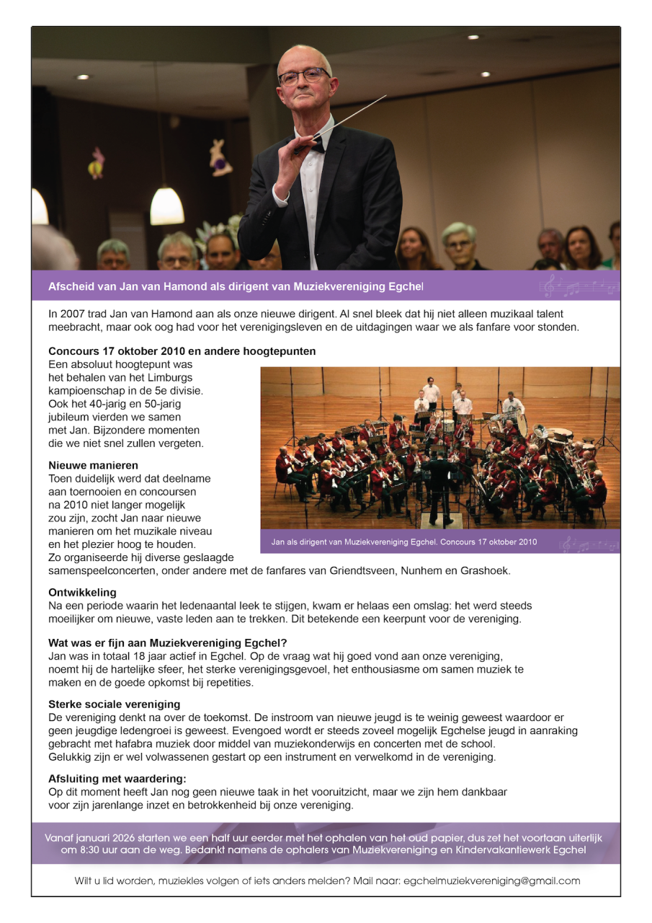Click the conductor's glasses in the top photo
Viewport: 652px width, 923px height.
click(x=303, y=76)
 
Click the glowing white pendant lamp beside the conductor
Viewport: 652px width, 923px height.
click(x=167, y=206)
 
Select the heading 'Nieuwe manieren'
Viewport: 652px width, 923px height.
click(x=94, y=465)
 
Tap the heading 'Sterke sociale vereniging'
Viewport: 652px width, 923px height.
click(x=115, y=704)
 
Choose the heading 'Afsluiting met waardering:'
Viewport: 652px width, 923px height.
click(x=117, y=779)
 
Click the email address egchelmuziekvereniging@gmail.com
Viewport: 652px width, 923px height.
click(x=491, y=881)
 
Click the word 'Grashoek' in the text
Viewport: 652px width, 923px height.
click(x=487, y=570)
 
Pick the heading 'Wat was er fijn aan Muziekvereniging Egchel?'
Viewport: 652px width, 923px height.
click(x=168, y=643)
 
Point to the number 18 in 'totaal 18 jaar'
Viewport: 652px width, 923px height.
click(x=164, y=657)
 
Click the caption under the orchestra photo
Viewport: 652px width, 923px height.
click(x=404, y=541)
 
